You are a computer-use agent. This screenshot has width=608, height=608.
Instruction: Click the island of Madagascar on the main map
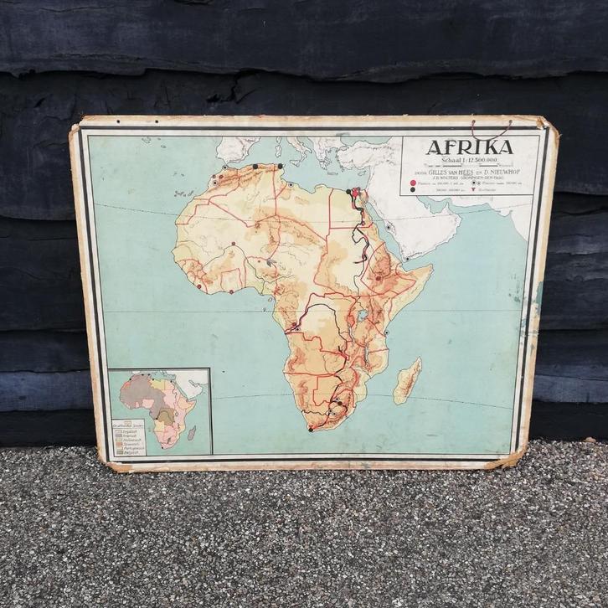coord(408,380)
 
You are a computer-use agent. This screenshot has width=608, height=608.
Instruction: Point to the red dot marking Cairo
coord(355,193)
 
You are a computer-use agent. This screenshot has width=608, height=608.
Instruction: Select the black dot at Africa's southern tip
coord(311,430)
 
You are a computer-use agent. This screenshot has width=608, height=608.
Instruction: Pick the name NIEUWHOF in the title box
coord(502,170)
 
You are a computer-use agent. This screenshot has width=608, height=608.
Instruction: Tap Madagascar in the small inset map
coord(192,433)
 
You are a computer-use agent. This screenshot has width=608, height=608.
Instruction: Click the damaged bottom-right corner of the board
coord(512,459)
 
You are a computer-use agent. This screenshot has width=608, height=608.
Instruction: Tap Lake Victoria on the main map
coord(363,317)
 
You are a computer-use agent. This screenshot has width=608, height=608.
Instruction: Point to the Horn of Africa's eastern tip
coord(430,268)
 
